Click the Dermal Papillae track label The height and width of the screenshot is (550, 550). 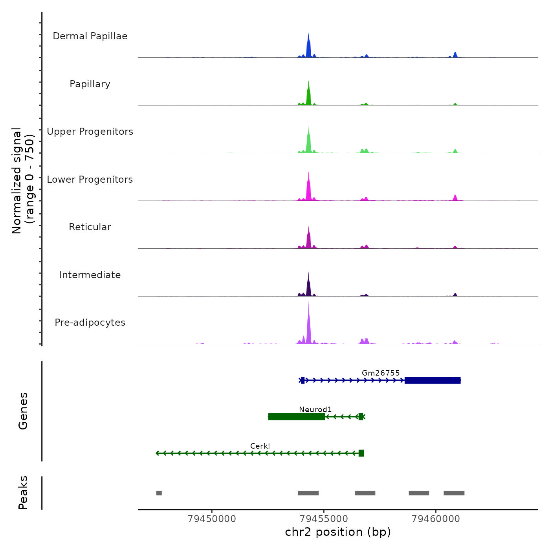point(90,36)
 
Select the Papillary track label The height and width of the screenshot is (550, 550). point(90,84)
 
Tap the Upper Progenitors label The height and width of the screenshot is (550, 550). point(90,132)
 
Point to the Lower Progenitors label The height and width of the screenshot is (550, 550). point(90,180)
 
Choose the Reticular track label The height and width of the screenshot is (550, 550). point(90,227)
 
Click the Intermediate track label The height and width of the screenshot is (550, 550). point(90,275)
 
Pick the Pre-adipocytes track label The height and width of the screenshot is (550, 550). point(90,323)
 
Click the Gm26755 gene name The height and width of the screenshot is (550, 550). point(381,373)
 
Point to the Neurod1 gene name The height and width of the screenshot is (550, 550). point(315,409)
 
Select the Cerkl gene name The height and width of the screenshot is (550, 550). point(260,446)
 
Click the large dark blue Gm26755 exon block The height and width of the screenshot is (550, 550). point(433,380)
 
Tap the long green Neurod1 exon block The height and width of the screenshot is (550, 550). point(297,417)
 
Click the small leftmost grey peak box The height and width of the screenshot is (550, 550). point(159,493)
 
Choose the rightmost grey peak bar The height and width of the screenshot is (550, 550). point(454,493)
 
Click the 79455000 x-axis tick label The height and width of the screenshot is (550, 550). point(324,519)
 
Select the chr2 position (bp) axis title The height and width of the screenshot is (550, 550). point(338,532)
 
